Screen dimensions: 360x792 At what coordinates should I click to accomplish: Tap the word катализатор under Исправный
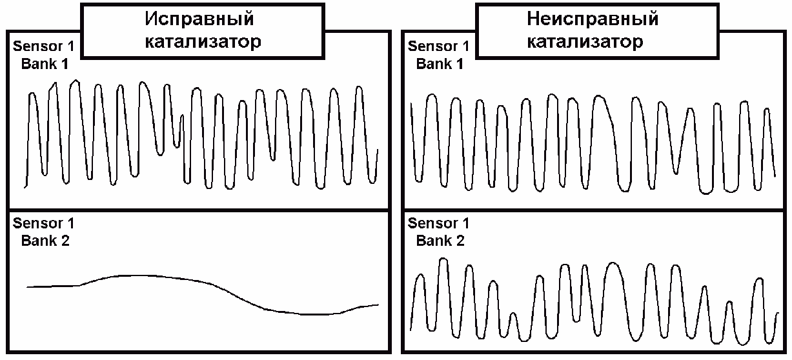(x=202, y=43)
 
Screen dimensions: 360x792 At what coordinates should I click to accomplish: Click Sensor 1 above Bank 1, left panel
(x=44, y=47)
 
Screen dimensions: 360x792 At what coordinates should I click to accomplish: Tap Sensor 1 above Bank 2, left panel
(x=44, y=224)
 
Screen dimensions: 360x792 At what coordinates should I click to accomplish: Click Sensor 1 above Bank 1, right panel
(x=439, y=46)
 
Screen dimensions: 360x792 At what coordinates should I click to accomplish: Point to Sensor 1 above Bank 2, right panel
(x=439, y=224)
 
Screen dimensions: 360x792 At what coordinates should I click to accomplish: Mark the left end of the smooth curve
(x=27, y=286)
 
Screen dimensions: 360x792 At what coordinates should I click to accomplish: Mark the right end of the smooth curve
(x=378, y=305)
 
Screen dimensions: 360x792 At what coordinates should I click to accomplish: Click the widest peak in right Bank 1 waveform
(x=600, y=97)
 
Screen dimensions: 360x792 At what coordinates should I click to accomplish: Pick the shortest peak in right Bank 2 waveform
(x=513, y=314)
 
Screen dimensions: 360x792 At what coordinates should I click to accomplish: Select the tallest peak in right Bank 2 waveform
(x=443, y=259)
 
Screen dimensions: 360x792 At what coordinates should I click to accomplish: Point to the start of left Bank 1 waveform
(x=25, y=187)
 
